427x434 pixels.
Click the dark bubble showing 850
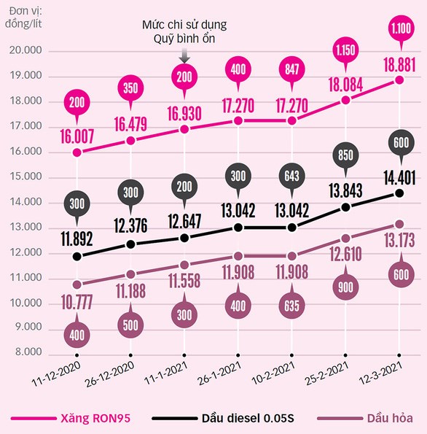pos(346,154)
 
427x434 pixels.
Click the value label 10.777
pos(77,302)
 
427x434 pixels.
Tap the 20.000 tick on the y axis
pos(26,51)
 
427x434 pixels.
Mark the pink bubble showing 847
pos(292,71)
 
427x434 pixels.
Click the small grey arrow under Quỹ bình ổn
pos(184,55)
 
